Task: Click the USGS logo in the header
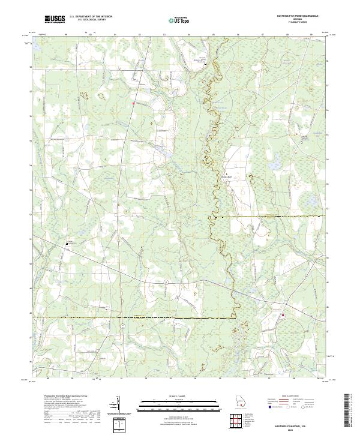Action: pyautogui.click(x=54, y=19)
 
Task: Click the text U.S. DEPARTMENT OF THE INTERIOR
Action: pyautogui.click(x=90, y=16)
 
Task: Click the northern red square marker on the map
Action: pyautogui.click(x=133, y=103)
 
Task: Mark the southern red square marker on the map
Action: pyautogui.click(x=283, y=315)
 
